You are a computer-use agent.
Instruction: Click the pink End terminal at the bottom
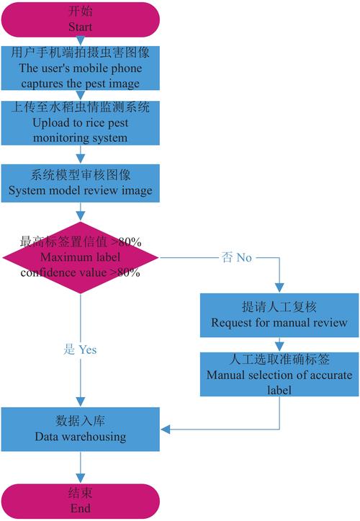point(80,499)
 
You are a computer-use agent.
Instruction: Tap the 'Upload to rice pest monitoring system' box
point(80,123)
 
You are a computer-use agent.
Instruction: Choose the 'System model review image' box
point(80,183)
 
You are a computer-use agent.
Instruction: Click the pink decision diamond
point(80,257)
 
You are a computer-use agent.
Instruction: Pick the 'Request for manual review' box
point(279,315)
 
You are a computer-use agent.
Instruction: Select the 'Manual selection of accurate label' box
point(279,373)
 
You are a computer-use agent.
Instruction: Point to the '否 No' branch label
point(233,258)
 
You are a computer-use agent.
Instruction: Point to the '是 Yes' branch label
point(80,349)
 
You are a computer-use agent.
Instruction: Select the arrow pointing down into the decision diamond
point(80,213)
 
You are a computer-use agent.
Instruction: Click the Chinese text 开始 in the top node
point(80,12)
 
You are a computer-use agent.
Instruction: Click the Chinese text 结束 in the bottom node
point(80,494)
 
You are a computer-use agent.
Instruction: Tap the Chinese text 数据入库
point(80,422)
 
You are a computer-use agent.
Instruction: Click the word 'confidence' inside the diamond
point(50,273)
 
